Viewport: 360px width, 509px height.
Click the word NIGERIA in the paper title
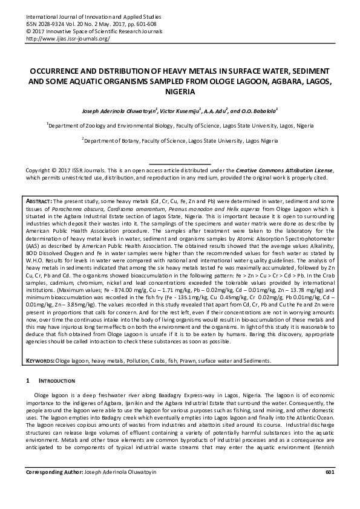(180, 92)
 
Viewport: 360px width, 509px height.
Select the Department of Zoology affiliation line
(180, 126)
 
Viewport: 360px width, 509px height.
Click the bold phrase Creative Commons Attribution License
(284, 171)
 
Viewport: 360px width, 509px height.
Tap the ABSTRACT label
(40, 199)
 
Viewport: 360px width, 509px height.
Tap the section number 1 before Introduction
(28, 381)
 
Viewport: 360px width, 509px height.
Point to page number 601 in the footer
(330, 488)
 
